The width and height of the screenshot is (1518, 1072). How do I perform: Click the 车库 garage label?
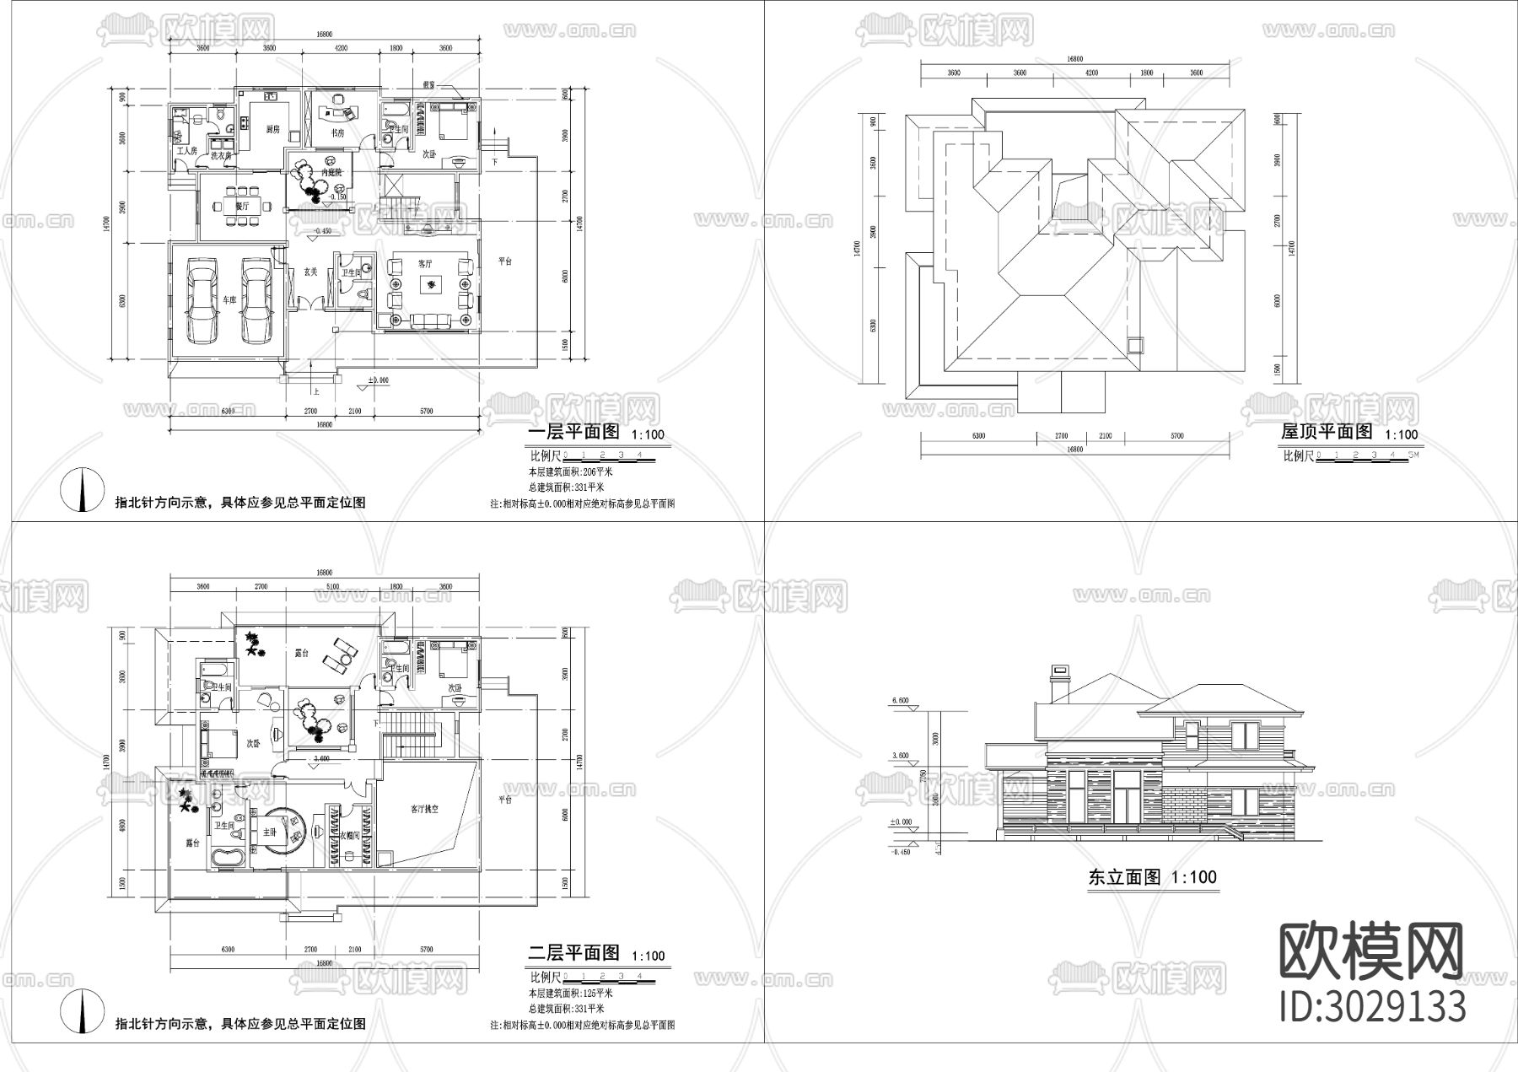tap(229, 299)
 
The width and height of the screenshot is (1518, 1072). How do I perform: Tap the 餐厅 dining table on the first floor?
tap(242, 206)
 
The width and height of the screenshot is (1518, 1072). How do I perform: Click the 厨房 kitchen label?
tap(272, 130)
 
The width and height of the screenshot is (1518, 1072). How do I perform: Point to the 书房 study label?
tap(337, 132)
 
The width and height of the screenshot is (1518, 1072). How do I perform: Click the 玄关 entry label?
tap(310, 272)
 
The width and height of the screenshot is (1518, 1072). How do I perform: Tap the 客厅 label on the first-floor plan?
tap(425, 263)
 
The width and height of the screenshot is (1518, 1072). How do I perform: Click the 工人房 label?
tap(186, 151)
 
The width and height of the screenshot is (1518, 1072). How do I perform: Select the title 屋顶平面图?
tap(1327, 432)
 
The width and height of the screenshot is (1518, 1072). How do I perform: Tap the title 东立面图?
tap(1125, 877)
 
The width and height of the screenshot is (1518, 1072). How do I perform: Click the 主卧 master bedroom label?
tap(269, 831)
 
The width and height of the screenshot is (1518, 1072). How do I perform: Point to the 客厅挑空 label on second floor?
tap(425, 809)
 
